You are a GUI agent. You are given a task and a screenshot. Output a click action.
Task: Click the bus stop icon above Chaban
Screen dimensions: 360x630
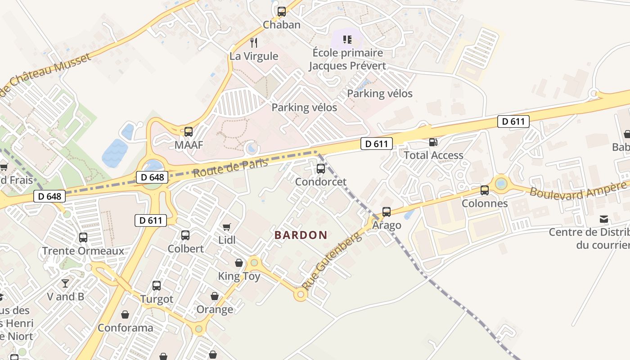pyautogui.click(x=282, y=12)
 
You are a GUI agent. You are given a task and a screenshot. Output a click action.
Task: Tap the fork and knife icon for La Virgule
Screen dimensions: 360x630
pyautogui.click(x=254, y=43)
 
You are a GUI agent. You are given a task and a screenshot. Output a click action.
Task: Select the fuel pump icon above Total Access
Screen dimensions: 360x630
pyautogui.click(x=433, y=142)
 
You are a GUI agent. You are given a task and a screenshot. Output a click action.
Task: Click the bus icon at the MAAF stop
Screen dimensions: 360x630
pyautogui.click(x=189, y=132)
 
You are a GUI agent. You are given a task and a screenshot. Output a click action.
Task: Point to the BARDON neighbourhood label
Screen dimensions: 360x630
pyautogui.click(x=301, y=235)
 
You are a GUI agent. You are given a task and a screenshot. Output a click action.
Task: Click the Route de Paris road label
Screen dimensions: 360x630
pyautogui.click(x=230, y=167)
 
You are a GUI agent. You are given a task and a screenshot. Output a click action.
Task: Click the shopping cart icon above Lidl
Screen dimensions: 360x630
pyautogui.click(x=227, y=227)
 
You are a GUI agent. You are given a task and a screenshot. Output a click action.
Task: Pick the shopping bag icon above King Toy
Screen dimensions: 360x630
pyautogui.click(x=239, y=263)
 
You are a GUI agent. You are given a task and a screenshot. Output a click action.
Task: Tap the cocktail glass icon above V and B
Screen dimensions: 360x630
pyautogui.click(x=65, y=283)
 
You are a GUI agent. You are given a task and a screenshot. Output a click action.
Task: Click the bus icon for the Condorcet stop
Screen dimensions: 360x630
pyautogui.click(x=321, y=169)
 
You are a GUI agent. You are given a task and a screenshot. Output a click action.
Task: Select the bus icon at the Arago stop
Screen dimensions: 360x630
pyautogui.click(x=387, y=212)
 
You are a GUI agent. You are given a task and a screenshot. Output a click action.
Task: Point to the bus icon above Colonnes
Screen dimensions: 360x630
pyautogui.click(x=485, y=190)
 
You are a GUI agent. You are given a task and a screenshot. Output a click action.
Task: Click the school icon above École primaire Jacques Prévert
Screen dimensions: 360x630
pyautogui.click(x=347, y=40)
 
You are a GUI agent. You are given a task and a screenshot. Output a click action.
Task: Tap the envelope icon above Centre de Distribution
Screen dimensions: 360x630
pyautogui.click(x=604, y=219)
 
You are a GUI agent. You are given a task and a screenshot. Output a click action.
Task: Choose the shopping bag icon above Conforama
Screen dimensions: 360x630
pyautogui.click(x=125, y=314)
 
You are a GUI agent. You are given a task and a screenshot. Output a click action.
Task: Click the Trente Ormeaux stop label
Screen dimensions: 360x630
pyautogui.click(x=83, y=251)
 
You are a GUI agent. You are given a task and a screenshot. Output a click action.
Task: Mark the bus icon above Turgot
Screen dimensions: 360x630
pyautogui.click(x=157, y=286)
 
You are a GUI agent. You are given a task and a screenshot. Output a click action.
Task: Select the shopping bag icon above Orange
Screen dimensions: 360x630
pyautogui.click(x=215, y=296)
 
